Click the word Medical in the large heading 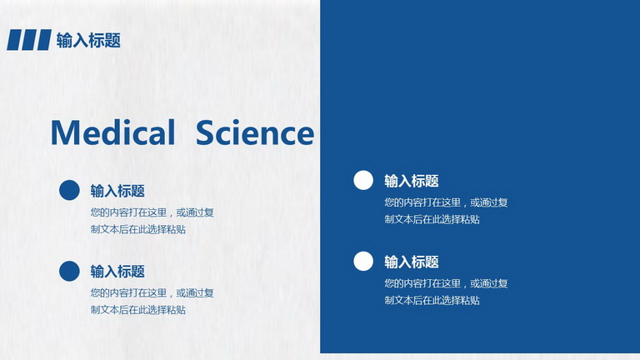pos(113,132)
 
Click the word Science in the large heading pos(255,132)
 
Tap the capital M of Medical pos(65,132)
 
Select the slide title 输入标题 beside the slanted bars pos(88,40)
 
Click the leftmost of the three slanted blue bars pos(14,40)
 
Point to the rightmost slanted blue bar pos(43,40)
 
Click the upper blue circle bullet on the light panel pos(69,190)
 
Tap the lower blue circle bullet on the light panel pos(69,271)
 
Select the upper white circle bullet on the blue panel pos(363,180)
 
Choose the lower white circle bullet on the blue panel pos(363,261)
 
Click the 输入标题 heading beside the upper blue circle pos(117,191)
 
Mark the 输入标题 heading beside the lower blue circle pos(117,272)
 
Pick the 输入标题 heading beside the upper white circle pos(412,181)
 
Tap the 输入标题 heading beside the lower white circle pos(412,262)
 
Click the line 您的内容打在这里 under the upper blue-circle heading pos(128,212)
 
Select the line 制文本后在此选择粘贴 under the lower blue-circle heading pos(138,310)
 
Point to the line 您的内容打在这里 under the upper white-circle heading pos(422,202)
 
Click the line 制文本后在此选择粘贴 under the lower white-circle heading pos(432,300)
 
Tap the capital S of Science pos(205,132)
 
